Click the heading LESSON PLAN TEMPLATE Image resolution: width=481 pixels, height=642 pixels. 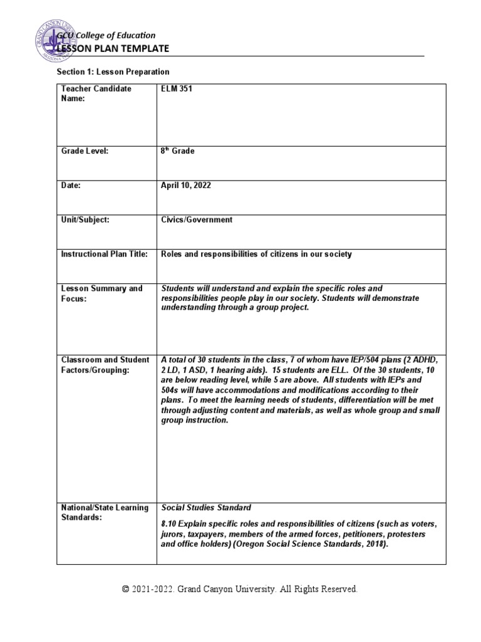tap(113, 48)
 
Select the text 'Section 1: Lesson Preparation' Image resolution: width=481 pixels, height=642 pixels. tap(113, 72)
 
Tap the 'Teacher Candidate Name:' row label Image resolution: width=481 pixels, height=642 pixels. tap(96, 93)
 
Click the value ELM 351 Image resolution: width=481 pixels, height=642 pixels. tap(177, 89)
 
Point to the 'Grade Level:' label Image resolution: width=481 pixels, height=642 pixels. tap(85, 151)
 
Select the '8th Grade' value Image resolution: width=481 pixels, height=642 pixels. tap(178, 151)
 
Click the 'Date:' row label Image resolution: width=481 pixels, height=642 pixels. tap(71, 186)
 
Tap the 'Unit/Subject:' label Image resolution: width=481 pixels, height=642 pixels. tap(86, 220)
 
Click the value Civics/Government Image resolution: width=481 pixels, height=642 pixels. tap(197, 220)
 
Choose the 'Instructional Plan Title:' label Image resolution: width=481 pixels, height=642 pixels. tap(104, 254)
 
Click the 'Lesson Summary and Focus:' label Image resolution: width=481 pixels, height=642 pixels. tap(101, 293)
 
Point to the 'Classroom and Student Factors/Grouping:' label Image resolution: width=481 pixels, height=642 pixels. tap(105, 364)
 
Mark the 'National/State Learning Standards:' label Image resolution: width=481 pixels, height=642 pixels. tap(105, 512)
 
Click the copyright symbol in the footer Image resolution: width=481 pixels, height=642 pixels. tap(126, 589)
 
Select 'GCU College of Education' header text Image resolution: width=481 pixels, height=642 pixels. tap(106, 35)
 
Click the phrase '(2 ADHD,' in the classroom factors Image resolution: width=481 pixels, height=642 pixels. tap(423, 360)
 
